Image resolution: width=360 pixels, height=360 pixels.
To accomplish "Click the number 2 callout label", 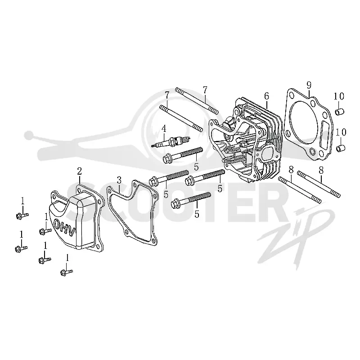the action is click(x=80, y=171).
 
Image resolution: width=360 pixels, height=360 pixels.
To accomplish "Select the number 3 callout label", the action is click(x=119, y=180).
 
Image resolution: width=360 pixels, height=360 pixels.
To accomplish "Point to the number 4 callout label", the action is click(x=163, y=129).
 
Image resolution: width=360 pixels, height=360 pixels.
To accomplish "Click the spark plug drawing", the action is click(x=171, y=141).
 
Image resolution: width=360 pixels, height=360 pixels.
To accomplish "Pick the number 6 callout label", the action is click(x=266, y=96).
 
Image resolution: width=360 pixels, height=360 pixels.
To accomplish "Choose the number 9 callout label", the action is click(x=309, y=85).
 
